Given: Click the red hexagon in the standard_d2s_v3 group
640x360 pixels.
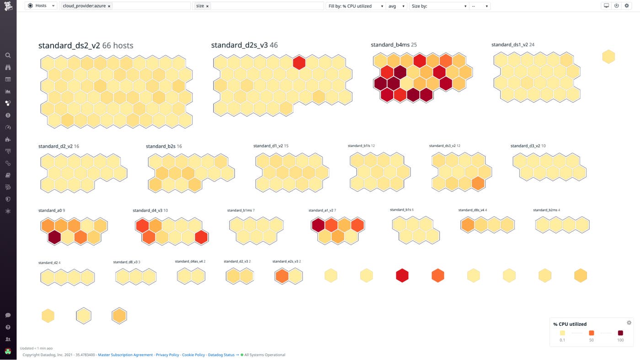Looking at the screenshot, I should pos(299,62).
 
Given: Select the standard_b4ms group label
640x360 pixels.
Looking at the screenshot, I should pos(393,45).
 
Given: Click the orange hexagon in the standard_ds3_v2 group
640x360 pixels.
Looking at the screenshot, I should pos(478,183).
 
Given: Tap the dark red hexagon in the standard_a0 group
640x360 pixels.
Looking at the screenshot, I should pos(54,237).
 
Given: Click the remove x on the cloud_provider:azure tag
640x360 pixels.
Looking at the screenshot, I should pos(109,6).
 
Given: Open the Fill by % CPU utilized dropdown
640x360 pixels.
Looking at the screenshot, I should pos(356,6).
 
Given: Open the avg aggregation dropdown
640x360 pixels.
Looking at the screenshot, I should pos(396,6).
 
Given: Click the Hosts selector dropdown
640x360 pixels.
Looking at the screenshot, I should pos(42,6).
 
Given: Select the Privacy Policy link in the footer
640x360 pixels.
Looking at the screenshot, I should pos(167,355).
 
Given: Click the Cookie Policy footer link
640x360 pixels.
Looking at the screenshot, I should pos(193,355).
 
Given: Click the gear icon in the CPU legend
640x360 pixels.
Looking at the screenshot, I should pos(629,323).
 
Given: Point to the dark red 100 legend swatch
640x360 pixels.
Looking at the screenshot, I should pos(620,333).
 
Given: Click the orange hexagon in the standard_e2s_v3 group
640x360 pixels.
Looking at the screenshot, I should pos(282,276).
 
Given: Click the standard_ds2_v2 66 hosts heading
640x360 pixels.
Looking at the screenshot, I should pos(85,45).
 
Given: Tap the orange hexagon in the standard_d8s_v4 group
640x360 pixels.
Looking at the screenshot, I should pos(468,225).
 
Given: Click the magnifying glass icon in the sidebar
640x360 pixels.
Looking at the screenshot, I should pos(8,55).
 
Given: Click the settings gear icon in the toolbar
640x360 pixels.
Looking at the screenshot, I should pos(627,6).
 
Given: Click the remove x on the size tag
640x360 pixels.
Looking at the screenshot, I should pos(208,6).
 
